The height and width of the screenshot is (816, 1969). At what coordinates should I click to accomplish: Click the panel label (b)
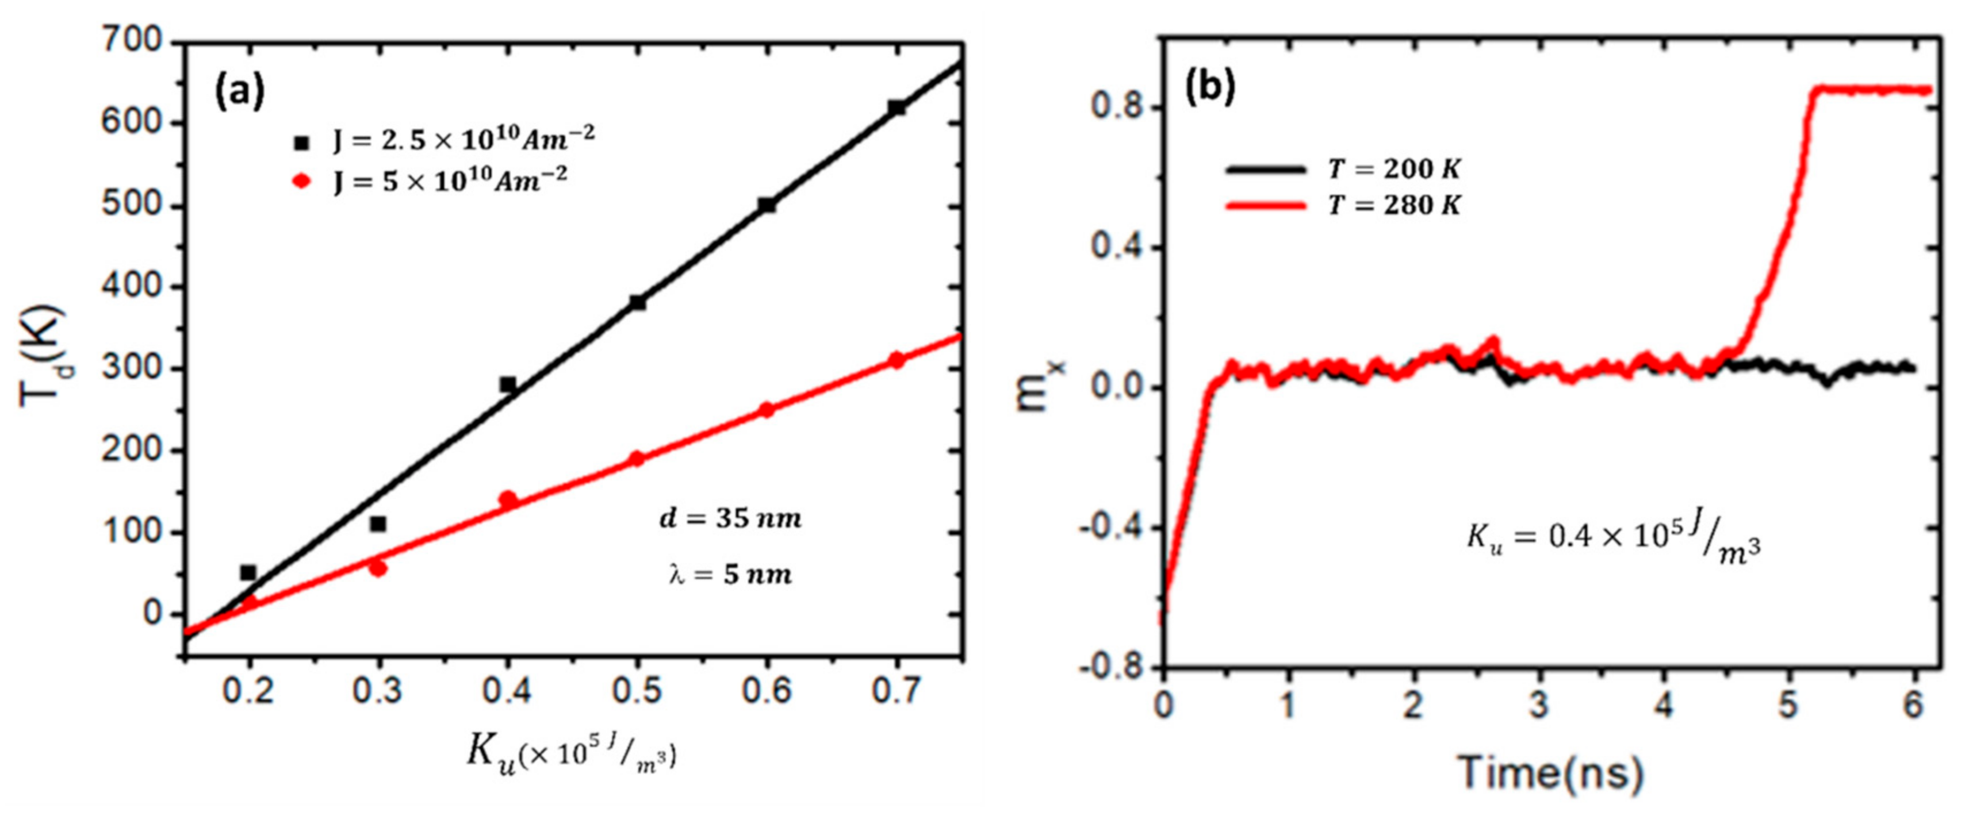1209,88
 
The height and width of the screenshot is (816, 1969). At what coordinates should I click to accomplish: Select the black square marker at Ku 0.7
897,107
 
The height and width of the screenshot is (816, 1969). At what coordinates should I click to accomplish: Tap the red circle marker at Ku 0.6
767,410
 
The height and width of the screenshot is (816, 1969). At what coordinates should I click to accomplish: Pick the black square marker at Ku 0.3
378,524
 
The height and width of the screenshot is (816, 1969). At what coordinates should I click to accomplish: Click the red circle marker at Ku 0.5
637,459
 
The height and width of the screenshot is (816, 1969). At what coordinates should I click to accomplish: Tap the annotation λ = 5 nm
730,575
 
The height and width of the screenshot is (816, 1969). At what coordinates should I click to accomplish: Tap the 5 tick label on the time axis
1788,705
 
